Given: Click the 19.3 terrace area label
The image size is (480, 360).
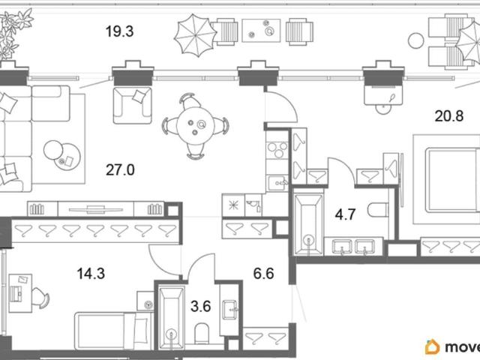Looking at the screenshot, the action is [119, 31].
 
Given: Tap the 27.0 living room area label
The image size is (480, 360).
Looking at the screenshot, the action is [120, 170].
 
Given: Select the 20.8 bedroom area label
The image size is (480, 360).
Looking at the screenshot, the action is [449, 116].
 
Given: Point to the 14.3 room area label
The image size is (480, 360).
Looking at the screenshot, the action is [91, 273].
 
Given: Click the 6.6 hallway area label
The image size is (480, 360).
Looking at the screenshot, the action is [263, 273].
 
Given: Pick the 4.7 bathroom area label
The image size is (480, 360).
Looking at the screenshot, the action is [345, 214].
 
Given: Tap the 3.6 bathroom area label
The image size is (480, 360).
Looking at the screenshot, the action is [200, 306].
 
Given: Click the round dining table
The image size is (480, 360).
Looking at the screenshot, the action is [194, 126].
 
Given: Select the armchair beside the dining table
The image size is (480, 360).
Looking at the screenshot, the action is [132, 105].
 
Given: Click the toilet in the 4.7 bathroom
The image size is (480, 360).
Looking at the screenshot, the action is [378, 210].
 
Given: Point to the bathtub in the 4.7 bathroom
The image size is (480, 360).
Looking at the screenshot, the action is [308, 223].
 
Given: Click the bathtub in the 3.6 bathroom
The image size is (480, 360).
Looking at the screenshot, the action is [172, 318].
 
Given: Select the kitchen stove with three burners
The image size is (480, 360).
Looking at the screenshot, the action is [277, 150].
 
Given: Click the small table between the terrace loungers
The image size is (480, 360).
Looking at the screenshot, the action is [261, 30].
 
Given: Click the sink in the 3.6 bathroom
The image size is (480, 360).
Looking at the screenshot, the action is [229, 310].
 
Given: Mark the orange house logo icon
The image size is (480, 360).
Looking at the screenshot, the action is [433, 346].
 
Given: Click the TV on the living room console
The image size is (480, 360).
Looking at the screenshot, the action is [96, 210].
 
